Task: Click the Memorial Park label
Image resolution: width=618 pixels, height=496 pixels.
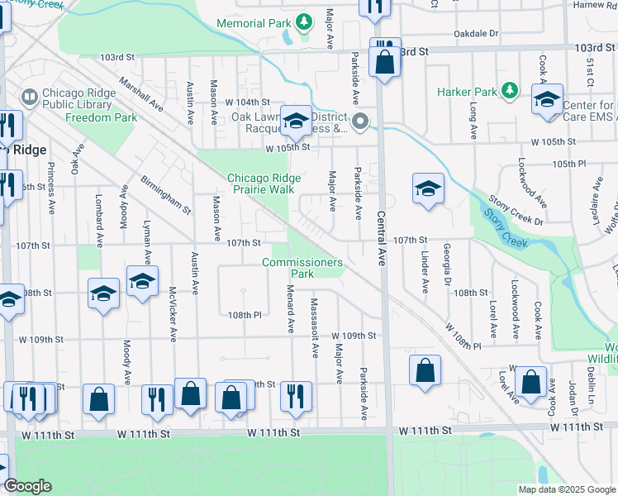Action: (x=254, y=23)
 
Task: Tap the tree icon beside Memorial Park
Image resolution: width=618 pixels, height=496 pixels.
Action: (x=304, y=20)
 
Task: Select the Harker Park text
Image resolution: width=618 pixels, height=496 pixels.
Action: (x=470, y=89)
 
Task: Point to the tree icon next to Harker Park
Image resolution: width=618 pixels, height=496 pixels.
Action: (x=511, y=88)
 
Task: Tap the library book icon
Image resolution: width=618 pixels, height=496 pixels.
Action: (x=30, y=98)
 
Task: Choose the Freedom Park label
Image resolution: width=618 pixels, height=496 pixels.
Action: (x=102, y=117)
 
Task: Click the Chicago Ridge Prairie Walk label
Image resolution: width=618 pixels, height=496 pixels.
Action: (x=261, y=184)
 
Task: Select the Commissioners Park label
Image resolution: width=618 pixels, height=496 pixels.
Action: (x=302, y=268)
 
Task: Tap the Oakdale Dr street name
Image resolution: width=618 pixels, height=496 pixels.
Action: (x=477, y=34)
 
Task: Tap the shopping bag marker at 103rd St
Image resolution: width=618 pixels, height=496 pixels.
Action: (x=385, y=63)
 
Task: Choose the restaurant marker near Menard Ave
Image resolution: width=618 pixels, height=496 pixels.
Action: (x=295, y=395)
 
